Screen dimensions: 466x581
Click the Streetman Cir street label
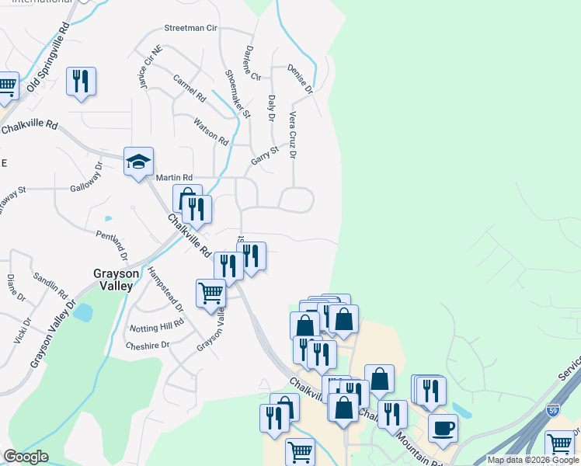click(x=190, y=28)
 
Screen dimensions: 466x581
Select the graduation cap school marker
click(x=138, y=162)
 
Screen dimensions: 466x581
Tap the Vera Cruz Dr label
click(x=293, y=134)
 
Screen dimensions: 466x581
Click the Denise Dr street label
click(x=299, y=78)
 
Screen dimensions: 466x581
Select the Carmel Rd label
click(x=190, y=89)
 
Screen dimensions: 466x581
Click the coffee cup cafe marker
click(x=443, y=427)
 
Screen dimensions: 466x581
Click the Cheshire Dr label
click(x=147, y=346)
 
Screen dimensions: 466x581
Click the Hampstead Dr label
click(x=165, y=289)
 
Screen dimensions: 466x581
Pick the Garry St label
click(x=264, y=155)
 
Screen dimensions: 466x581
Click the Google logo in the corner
click(x=26, y=457)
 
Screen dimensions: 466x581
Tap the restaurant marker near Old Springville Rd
click(x=81, y=81)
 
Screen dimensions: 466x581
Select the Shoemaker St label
click(x=238, y=93)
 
